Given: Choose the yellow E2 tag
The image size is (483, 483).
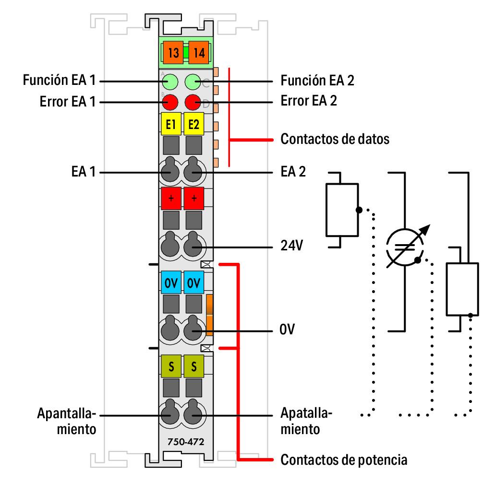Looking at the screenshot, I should (194, 125).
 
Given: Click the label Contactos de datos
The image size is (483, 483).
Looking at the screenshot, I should (335, 140).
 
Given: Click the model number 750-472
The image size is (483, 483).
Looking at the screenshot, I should (181, 441).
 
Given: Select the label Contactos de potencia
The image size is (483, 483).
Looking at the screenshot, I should (344, 460).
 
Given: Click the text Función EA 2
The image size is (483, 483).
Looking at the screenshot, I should (317, 81).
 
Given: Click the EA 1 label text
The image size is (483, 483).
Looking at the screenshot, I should (83, 171).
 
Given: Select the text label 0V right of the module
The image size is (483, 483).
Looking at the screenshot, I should (287, 330).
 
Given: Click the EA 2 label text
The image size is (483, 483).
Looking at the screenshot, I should (293, 171).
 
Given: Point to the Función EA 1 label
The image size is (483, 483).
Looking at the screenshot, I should (59, 81).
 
